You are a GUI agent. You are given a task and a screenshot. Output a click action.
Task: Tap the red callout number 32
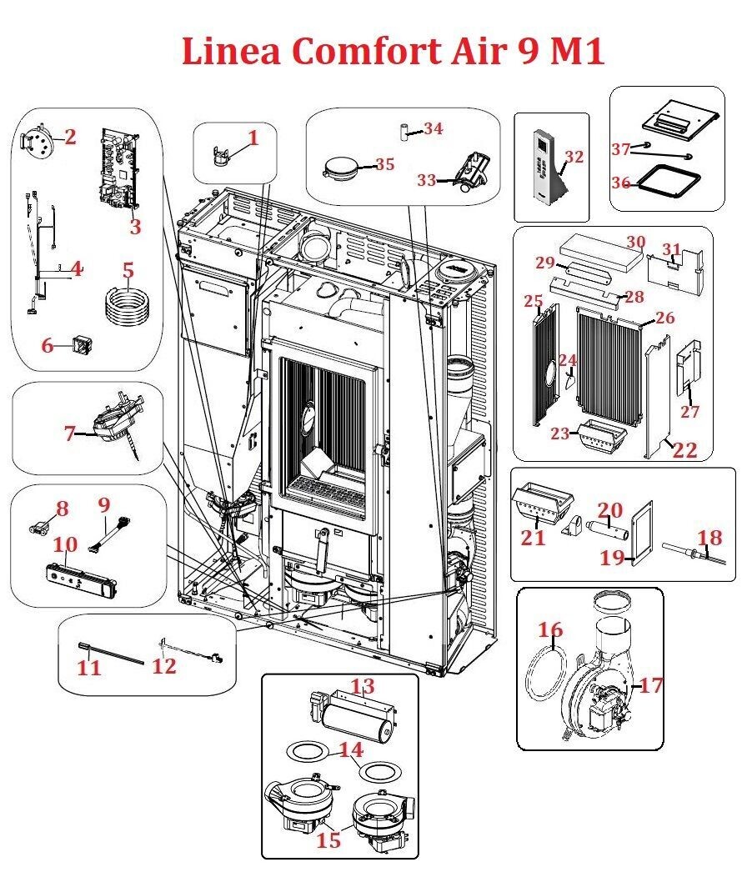[574, 157]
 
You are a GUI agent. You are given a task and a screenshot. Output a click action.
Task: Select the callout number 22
[685, 450]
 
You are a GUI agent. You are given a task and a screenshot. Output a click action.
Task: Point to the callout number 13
[363, 686]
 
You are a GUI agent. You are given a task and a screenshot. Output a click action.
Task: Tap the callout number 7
[71, 433]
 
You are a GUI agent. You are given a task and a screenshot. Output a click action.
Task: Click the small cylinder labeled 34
[402, 131]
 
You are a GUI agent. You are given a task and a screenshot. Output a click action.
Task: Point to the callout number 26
[664, 318]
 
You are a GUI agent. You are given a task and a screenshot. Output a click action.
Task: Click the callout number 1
[253, 138]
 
